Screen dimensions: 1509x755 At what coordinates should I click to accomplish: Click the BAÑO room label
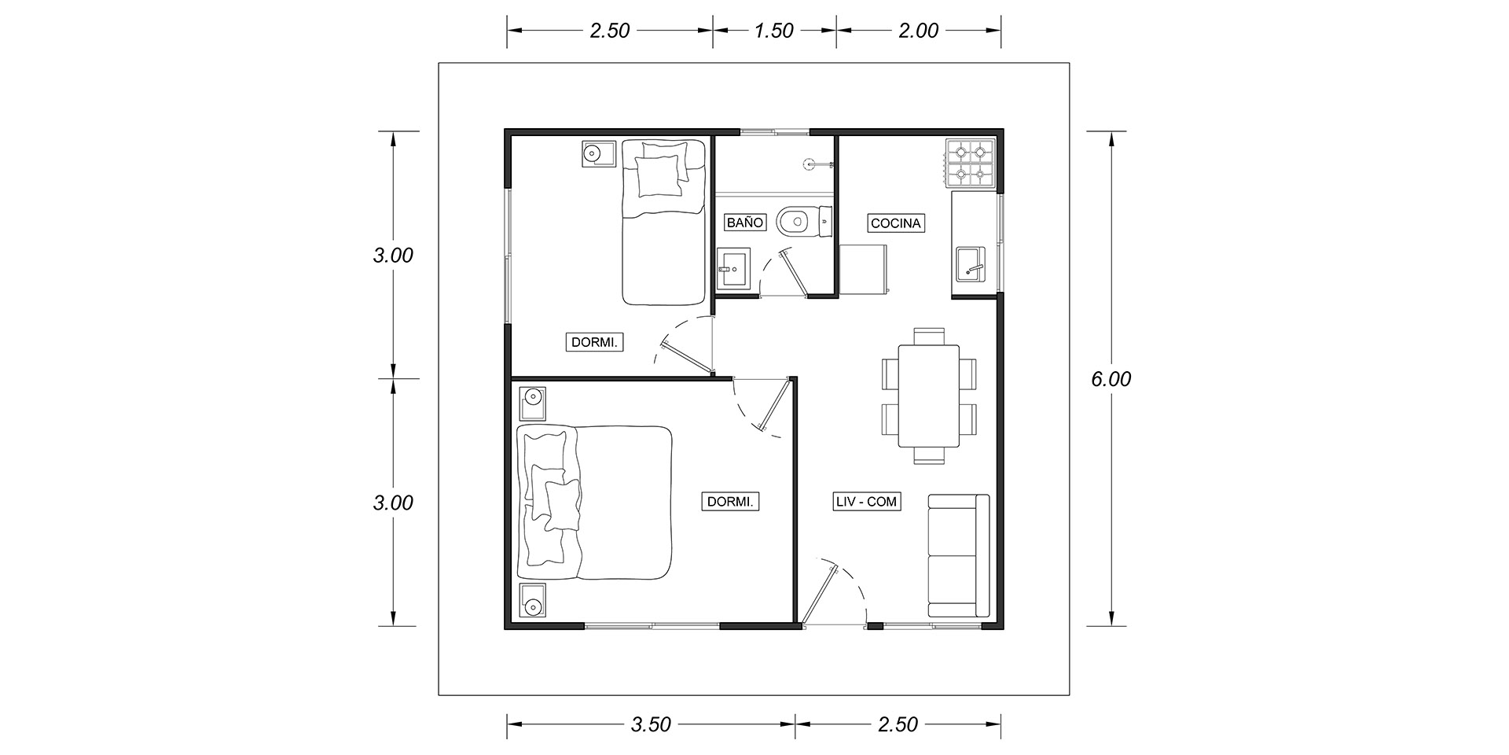click(x=745, y=223)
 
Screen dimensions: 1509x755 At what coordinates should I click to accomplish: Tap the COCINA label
click(x=895, y=223)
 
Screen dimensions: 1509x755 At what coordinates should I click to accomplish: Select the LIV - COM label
click(x=866, y=501)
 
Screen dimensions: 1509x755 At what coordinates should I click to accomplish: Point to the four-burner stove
click(x=971, y=164)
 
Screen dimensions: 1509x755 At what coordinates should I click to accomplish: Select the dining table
click(x=929, y=395)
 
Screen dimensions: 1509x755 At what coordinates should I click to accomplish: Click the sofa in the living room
click(x=958, y=556)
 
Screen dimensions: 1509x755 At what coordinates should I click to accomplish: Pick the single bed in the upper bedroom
click(x=663, y=222)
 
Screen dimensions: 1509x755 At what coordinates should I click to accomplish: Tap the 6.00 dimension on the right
click(x=1111, y=379)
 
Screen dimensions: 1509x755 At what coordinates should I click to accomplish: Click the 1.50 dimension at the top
click(x=774, y=31)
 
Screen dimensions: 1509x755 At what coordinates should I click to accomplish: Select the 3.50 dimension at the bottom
click(x=651, y=724)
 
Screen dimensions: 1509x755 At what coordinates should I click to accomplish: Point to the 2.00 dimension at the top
click(x=919, y=31)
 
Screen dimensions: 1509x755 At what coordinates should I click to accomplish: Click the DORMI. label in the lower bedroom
click(x=732, y=501)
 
